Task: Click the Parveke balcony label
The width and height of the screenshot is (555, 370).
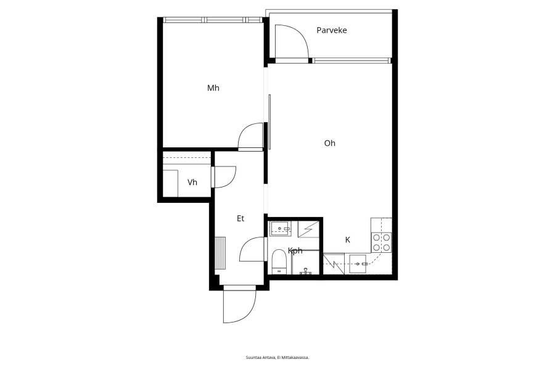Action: click(x=331, y=30)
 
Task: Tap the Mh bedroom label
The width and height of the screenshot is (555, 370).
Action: click(x=213, y=88)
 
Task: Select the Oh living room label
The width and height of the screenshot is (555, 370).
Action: click(x=329, y=143)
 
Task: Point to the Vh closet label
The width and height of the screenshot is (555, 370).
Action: click(x=192, y=183)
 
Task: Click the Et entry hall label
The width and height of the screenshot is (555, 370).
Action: click(x=240, y=218)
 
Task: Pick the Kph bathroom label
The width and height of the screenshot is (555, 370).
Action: click(x=295, y=251)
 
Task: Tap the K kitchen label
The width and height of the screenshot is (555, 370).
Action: click(x=348, y=240)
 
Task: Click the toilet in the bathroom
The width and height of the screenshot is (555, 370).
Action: click(x=279, y=261)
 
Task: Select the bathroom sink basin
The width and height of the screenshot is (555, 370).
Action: click(x=280, y=229)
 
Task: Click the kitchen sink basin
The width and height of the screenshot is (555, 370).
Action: click(x=358, y=264)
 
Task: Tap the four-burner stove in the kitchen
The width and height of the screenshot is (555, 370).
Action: click(x=381, y=242)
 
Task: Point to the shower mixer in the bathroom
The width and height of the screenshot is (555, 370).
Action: click(x=305, y=271)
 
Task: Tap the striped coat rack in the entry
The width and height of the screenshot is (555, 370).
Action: click(x=220, y=253)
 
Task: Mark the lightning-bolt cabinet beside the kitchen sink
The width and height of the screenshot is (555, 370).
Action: click(x=334, y=264)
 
